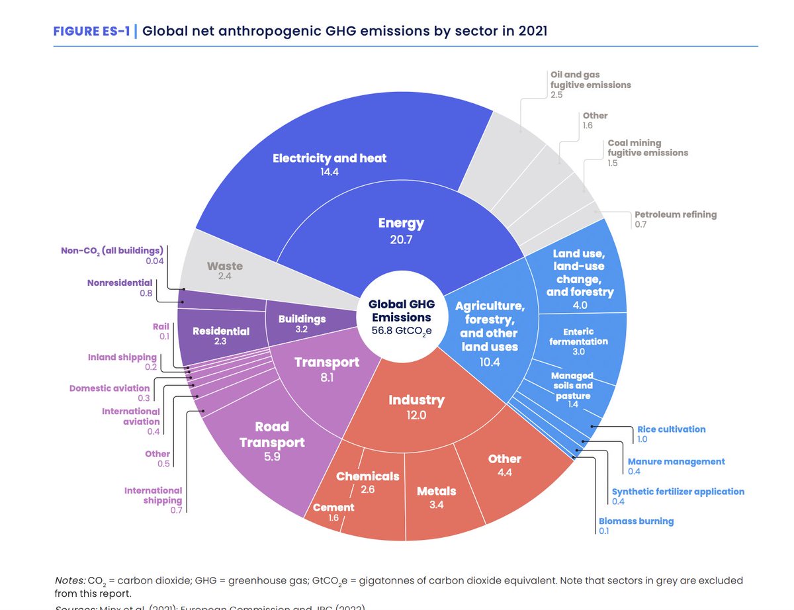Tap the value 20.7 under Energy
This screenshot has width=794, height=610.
point(400,240)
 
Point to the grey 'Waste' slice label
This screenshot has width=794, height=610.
point(225,266)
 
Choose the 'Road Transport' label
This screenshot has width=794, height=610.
point(273,434)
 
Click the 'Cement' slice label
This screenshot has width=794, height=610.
point(333,507)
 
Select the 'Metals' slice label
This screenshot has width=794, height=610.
point(437,491)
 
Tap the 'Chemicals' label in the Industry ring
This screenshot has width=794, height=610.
point(368,476)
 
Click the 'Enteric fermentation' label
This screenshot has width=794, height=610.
point(578,336)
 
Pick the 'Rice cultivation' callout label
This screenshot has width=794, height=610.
point(671,429)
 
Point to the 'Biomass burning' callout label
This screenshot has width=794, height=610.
point(636,521)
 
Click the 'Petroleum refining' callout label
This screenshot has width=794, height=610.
point(675,214)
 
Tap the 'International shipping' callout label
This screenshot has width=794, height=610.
point(153,495)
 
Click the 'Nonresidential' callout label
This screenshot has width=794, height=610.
point(119,283)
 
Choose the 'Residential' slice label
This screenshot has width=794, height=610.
point(221,331)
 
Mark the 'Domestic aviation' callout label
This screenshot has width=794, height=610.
point(110,388)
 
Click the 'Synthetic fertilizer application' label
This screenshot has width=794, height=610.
point(678,492)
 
